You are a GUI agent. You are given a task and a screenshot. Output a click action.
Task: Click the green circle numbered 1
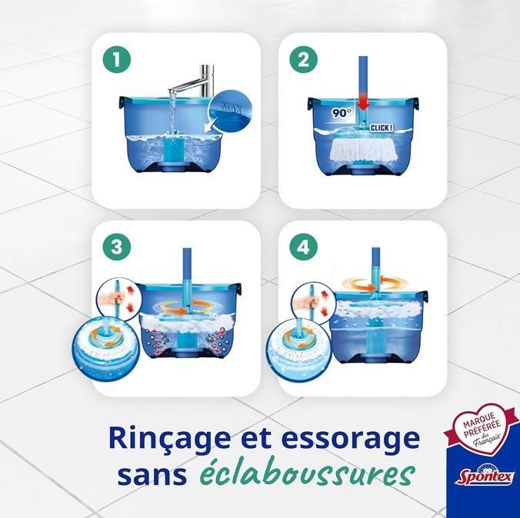coord(116,60)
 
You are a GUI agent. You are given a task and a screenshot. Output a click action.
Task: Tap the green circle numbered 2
coord(303,60)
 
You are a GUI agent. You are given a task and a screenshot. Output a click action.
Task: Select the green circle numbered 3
coord(116,247)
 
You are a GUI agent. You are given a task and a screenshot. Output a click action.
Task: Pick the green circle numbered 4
coord(303,247)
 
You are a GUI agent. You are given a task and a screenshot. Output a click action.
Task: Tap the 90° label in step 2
coord(342,113)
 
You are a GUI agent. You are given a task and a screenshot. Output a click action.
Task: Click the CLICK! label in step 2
coord(382,128)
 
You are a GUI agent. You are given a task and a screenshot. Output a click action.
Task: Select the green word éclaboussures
coord(307,474)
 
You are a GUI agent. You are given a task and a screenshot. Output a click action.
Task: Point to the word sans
coord(152,476)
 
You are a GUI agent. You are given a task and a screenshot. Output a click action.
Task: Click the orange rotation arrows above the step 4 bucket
coord(374,284)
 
